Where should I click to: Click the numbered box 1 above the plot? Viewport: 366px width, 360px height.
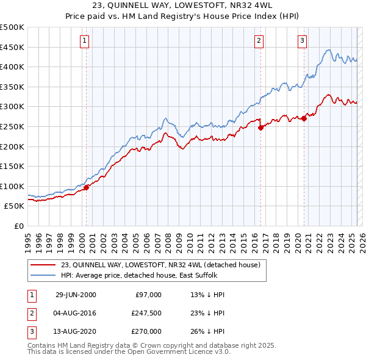(x=84, y=41)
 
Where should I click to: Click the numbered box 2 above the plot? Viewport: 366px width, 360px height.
(x=259, y=41)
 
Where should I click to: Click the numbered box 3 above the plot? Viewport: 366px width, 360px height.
(x=302, y=41)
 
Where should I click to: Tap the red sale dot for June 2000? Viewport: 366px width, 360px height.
(x=86, y=187)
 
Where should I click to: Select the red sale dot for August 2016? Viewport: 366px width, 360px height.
(x=260, y=128)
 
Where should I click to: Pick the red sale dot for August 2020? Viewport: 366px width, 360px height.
(x=304, y=118)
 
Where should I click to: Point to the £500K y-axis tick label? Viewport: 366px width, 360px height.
(x=12, y=27)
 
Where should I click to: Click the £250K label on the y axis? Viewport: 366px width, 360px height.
(x=12, y=126)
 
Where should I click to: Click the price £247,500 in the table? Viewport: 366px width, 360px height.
(x=146, y=313)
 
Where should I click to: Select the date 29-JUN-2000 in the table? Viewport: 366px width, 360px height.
(x=76, y=295)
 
